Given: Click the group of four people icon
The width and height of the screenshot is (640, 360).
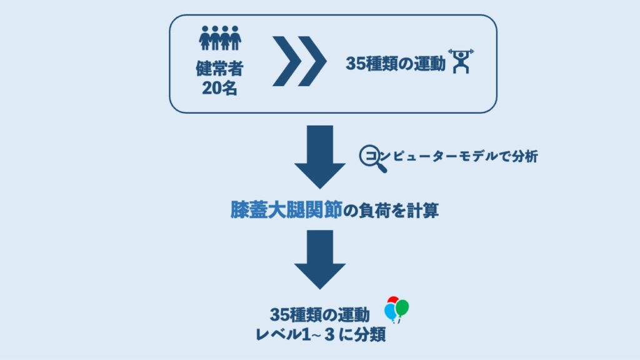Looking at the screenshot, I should (220, 38).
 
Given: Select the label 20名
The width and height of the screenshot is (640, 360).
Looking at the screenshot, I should (220, 88).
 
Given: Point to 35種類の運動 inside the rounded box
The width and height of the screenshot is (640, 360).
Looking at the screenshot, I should (395, 64).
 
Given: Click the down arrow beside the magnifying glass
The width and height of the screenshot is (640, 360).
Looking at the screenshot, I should (320, 157).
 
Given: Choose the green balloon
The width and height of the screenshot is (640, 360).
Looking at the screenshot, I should (402, 307).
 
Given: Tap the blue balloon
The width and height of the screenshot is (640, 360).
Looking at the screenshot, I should (391, 311).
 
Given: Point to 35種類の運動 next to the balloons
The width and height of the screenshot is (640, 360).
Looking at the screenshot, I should (320, 314).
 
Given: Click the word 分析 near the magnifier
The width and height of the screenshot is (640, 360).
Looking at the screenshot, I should (524, 157).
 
